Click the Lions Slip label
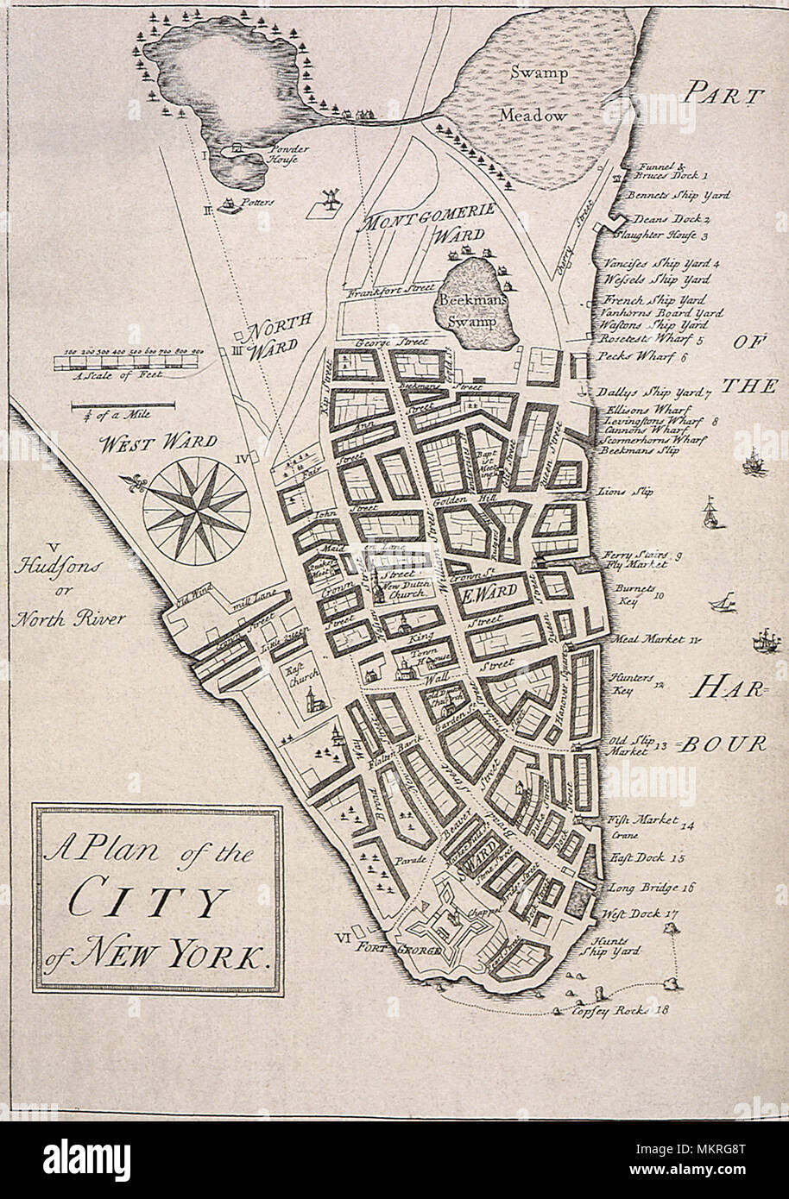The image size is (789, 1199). [x=625, y=492]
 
